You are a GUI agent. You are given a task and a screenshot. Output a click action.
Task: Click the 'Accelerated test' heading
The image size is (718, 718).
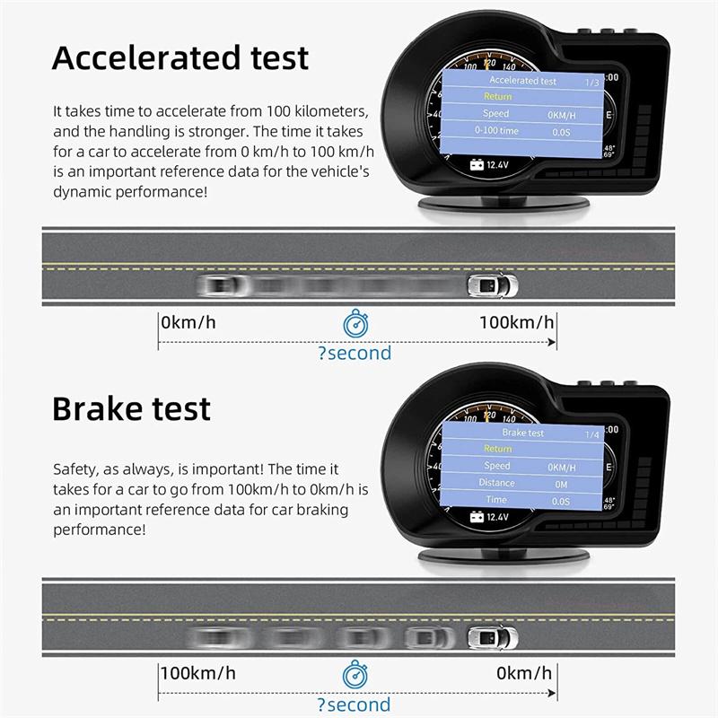click(180, 57)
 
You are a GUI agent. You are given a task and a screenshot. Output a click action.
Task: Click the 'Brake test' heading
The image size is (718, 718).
click(131, 408)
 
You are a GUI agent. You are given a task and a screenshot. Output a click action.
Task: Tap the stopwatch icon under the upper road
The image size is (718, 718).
click(355, 323)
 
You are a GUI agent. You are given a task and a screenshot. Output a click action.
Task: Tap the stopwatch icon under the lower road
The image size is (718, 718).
click(355, 674)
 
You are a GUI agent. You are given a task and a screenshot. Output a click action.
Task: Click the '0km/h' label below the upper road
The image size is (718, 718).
click(188, 323)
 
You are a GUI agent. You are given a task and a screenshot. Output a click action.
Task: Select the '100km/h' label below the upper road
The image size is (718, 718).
click(516, 323)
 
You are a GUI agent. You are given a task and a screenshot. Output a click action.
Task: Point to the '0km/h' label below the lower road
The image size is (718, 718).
click(526, 673)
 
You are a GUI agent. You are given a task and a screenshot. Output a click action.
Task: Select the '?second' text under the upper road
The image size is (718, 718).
click(355, 353)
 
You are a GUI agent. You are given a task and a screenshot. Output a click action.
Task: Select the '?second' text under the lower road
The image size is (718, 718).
click(355, 705)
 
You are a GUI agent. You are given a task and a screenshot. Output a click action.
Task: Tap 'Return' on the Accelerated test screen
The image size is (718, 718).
click(497, 97)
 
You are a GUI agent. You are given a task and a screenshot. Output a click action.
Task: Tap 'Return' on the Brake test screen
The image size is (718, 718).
click(497, 449)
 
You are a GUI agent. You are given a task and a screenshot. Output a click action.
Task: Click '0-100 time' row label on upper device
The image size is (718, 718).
click(496, 131)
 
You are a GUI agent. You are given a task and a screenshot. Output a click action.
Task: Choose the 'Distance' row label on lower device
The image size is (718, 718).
click(496, 483)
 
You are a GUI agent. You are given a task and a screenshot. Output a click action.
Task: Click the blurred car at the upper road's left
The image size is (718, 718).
click(221, 286)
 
